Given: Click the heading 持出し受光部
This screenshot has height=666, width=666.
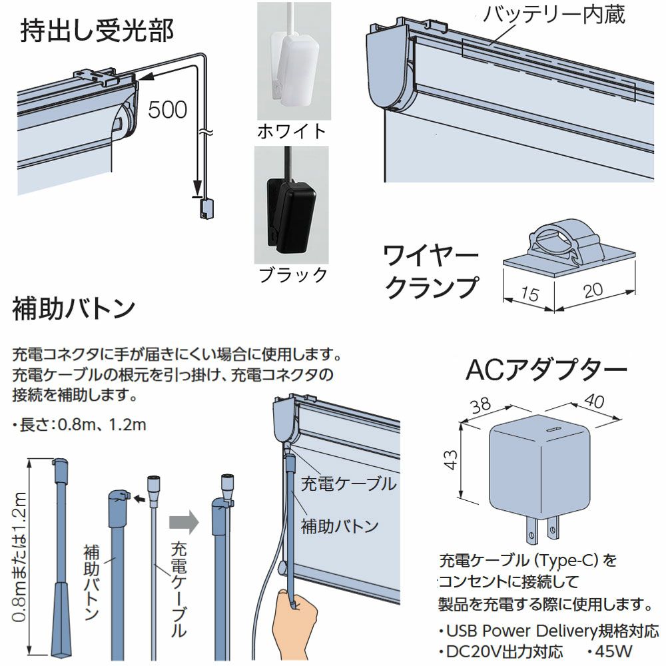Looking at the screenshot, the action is [97, 31].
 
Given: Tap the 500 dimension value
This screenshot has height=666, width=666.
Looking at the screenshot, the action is [167, 110].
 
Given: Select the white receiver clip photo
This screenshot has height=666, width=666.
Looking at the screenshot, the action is [294, 61].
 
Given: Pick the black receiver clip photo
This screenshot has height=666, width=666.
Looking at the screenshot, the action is [292, 205].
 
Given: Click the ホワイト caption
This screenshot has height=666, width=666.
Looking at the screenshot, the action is [292, 132].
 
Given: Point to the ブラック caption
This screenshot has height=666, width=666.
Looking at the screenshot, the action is [292, 275].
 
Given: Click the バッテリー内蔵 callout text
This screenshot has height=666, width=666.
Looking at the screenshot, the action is [554, 15].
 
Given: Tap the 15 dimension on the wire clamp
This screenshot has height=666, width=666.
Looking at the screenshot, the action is [529, 294].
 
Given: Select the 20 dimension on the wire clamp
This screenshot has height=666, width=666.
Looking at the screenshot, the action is [593, 290].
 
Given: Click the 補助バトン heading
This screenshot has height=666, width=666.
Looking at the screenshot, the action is [74, 309].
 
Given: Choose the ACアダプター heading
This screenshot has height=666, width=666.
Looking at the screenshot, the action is [546, 370].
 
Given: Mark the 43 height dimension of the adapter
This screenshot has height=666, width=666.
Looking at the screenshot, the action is [451, 460].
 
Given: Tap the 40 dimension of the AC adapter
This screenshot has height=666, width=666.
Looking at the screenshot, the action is [594, 400].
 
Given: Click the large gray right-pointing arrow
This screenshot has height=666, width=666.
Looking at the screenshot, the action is [184, 522].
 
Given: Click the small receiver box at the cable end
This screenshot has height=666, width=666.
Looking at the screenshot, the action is [206, 209].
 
